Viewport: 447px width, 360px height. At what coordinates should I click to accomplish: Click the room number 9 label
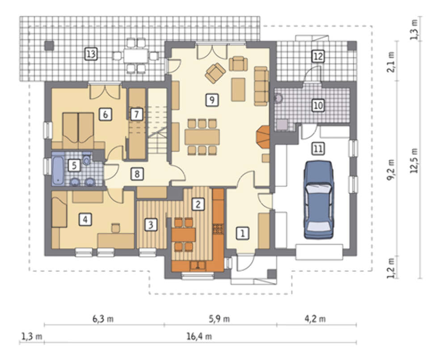click(212, 100)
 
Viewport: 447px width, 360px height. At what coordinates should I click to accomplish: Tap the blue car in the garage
click(318, 200)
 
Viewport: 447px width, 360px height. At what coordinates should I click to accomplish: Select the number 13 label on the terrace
click(91, 54)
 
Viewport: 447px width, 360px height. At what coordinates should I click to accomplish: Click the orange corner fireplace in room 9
click(263, 137)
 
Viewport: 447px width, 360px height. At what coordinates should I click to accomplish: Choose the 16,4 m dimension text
click(199, 336)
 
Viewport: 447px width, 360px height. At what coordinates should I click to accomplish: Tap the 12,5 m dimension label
click(414, 161)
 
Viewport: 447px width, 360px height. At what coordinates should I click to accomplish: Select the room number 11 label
click(318, 149)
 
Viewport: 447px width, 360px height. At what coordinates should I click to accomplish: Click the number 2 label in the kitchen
click(198, 204)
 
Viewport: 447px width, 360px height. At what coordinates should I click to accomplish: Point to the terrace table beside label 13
click(136, 56)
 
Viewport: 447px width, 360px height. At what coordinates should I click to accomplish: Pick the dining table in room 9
click(202, 137)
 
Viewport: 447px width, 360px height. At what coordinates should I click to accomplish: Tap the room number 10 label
click(318, 105)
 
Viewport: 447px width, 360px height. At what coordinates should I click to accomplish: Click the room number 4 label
click(85, 219)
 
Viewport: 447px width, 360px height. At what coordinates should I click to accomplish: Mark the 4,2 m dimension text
click(315, 319)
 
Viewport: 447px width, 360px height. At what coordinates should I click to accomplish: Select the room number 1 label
click(243, 233)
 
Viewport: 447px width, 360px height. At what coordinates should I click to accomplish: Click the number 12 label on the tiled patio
click(318, 56)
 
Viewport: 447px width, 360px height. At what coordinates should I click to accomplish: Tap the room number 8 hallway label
click(137, 174)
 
